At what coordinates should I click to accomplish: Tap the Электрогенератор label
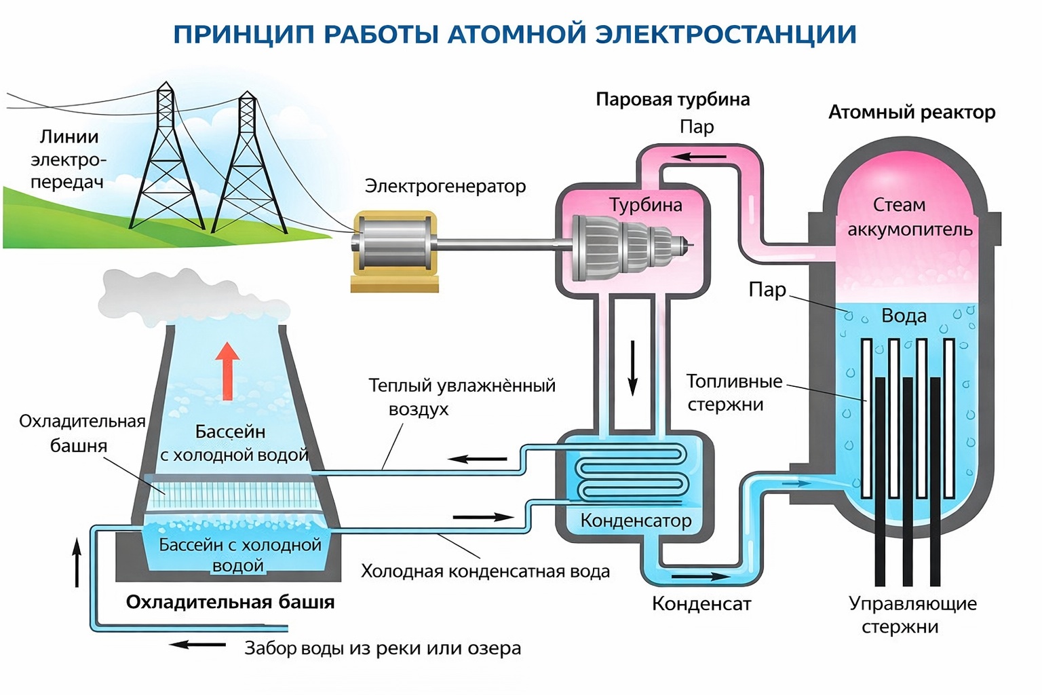[445, 186]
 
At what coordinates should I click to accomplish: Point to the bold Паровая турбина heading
[672, 100]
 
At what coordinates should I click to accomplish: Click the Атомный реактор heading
[911, 112]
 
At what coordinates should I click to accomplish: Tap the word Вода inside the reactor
[904, 316]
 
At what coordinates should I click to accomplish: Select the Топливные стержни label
[734, 392]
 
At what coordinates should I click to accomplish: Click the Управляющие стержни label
[912, 614]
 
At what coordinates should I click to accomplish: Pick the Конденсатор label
[636, 521]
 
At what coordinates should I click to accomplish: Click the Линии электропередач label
[68, 159]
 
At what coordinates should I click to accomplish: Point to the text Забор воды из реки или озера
[383, 648]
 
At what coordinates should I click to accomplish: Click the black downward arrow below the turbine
[632, 367]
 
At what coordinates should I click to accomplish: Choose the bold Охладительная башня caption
[230, 602]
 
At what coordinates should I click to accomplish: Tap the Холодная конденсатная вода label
[485, 571]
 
